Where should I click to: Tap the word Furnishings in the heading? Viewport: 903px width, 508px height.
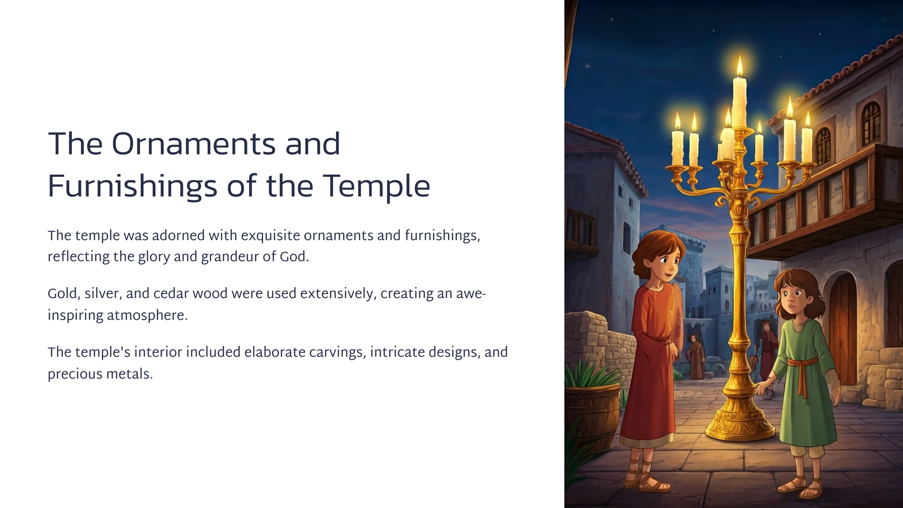[132, 187]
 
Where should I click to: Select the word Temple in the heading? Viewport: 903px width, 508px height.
[377, 187]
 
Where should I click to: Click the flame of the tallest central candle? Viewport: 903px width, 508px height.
[740, 66]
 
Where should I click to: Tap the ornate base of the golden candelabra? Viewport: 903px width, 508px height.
[740, 419]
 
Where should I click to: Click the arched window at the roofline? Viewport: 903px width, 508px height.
[871, 123]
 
